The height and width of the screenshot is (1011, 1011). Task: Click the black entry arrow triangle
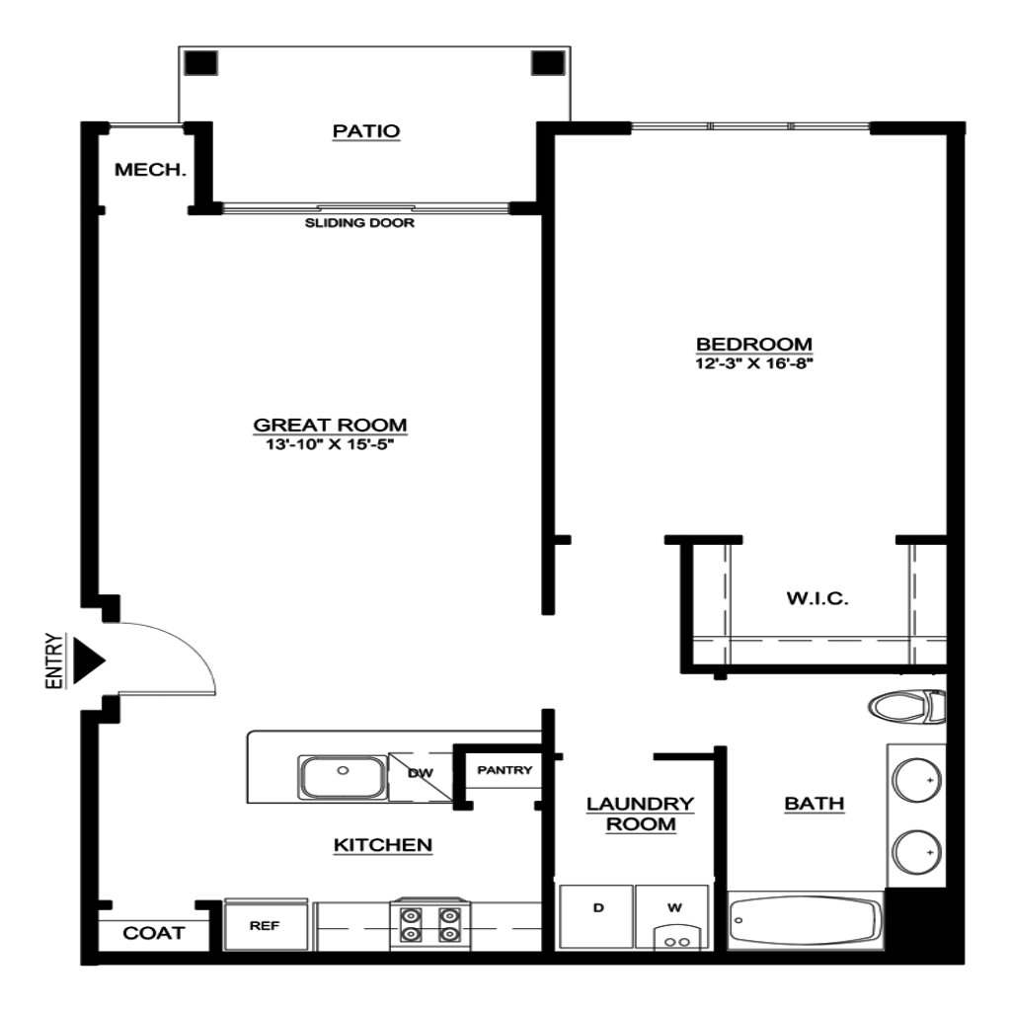(x=88, y=661)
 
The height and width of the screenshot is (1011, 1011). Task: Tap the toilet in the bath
(x=907, y=707)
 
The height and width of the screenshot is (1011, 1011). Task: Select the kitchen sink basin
(x=342, y=777)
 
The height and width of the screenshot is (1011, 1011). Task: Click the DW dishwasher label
(x=421, y=773)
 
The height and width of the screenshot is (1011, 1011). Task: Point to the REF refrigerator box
(x=265, y=925)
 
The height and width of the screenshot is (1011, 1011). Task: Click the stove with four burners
(x=430, y=924)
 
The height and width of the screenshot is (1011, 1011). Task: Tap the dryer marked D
(x=595, y=916)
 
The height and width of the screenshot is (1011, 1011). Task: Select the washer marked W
(x=672, y=917)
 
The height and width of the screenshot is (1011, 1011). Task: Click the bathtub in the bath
(x=806, y=920)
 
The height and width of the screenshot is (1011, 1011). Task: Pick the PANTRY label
(x=505, y=770)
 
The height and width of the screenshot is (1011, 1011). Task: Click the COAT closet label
(x=153, y=933)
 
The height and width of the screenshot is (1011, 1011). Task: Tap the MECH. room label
(x=150, y=170)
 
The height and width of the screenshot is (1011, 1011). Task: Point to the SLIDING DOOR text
(x=359, y=223)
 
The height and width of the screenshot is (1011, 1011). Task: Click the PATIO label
(x=366, y=131)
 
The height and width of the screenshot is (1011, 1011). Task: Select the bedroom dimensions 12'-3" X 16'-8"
(x=753, y=363)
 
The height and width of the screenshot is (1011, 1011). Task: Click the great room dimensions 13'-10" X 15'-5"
(x=330, y=444)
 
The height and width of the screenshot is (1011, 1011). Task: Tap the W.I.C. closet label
(x=817, y=598)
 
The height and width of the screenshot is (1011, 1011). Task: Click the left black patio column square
(x=201, y=63)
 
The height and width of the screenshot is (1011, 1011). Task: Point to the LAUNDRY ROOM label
(x=640, y=815)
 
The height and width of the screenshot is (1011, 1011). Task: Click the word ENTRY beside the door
(x=55, y=661)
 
